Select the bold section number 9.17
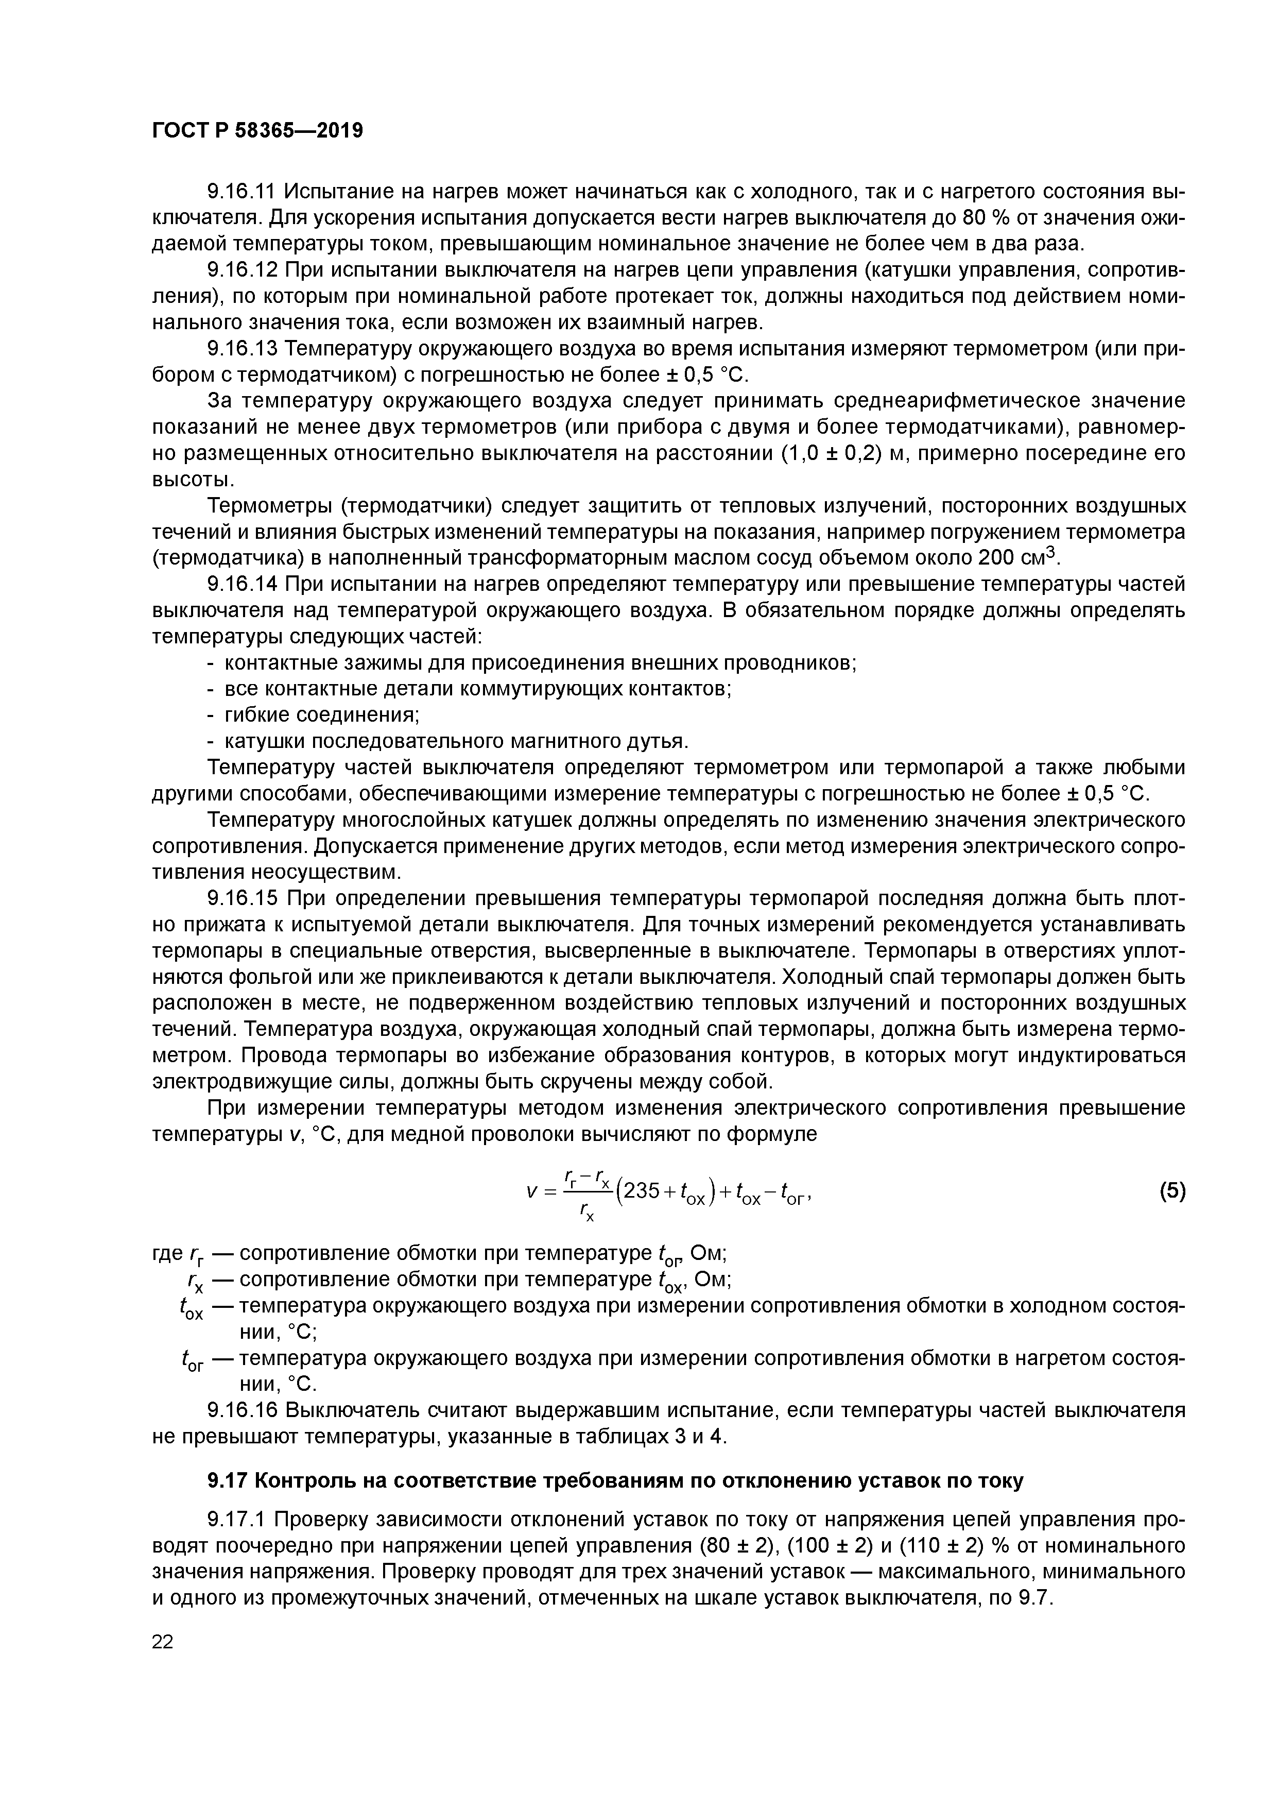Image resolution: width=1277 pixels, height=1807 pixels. (228, 1480)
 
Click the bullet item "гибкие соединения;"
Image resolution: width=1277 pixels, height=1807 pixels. (322, 714)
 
